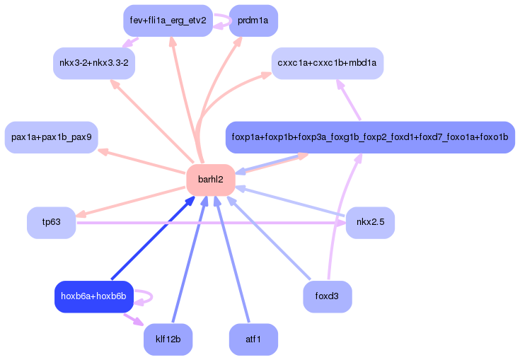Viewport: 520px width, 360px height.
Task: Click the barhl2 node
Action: (210, 180)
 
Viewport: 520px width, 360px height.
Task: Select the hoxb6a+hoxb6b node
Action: (93, 296)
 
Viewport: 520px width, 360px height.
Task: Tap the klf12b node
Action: (168, 339)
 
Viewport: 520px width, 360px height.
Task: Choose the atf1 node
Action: (253, 339)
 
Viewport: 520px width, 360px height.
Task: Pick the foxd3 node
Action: (327, 296)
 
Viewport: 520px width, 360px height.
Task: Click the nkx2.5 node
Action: (370, 223)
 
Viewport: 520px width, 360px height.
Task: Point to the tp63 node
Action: (51, 223)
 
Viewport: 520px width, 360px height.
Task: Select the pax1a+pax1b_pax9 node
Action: (51, 137)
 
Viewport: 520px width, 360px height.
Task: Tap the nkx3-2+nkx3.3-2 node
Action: (94, 63)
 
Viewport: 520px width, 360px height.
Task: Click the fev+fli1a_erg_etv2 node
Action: (168, 20)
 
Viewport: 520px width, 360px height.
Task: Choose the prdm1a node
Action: (253, 20)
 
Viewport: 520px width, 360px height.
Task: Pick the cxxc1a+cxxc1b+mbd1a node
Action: (327, 63)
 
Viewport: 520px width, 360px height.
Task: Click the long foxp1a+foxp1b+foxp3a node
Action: (370, 137)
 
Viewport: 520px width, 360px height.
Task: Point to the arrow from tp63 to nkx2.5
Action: (212, 223)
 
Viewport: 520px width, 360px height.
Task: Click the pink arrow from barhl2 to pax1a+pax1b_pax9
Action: (141, 161)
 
